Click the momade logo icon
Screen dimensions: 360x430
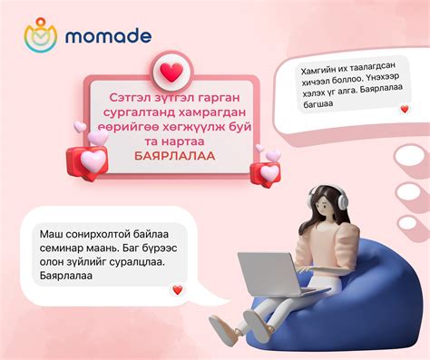tap(40, 37)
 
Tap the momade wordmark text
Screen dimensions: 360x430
tap(108, 37)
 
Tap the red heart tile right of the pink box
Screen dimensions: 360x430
tap(269, 172)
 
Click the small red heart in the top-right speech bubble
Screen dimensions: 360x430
tap(403, 109)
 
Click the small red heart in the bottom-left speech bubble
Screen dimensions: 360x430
tap(177, 290)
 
